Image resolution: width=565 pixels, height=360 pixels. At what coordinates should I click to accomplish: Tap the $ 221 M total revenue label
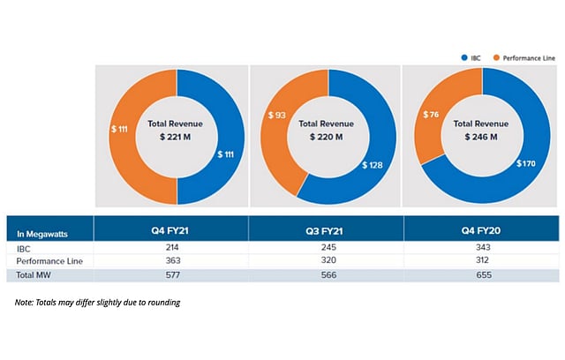click(x=177, y=138)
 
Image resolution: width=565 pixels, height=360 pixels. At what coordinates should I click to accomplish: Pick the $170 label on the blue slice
click(x=532, y=163)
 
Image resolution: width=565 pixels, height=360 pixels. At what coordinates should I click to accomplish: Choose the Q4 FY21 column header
click(x=171, y=232)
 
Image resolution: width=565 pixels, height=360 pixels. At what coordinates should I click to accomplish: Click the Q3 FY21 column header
click(x=326, y=232)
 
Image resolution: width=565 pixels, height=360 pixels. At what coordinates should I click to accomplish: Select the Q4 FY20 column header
click(x=481, y=232)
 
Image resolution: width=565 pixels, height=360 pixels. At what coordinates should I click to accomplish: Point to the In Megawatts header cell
click(x=43, y=234)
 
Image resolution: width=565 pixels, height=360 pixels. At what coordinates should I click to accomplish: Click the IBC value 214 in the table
click(x=171, y=249)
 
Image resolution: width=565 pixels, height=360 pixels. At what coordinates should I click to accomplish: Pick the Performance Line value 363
click(x=171, y=262)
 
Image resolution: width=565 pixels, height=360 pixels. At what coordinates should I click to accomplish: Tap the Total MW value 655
click(x=481, y=275)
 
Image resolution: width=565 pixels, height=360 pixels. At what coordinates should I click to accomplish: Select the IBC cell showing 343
click(x=481, y=249)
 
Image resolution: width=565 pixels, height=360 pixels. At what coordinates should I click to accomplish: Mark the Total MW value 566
click(x=326, y=275)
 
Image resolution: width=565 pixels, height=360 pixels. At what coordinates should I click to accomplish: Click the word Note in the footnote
click(x=24, y=304)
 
